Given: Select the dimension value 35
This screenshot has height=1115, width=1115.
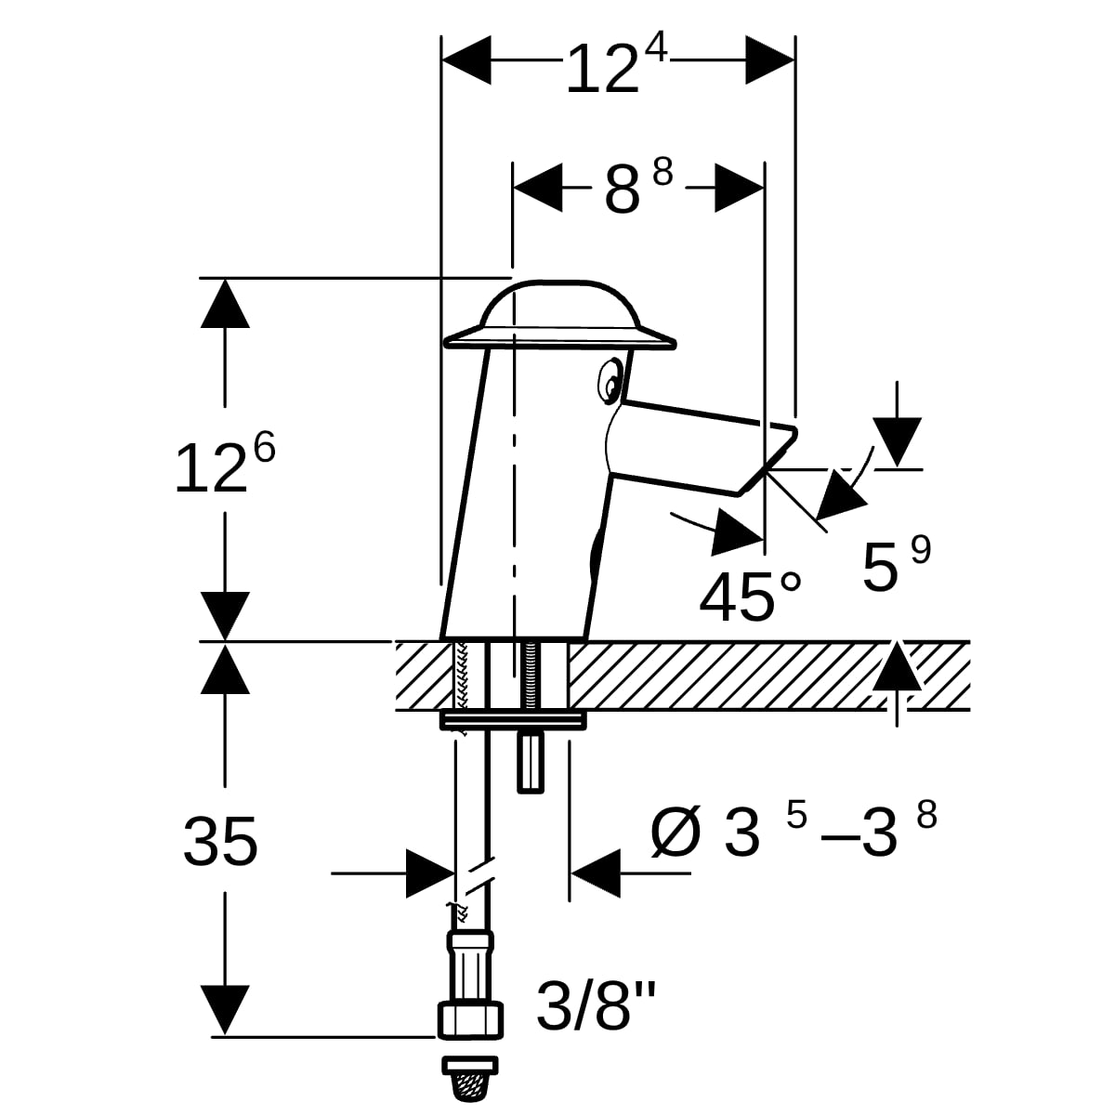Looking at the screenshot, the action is click(220, 842).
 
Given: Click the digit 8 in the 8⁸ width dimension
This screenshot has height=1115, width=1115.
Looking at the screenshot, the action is click(623, 188).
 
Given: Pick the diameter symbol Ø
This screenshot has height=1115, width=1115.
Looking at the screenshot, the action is click(676, 832).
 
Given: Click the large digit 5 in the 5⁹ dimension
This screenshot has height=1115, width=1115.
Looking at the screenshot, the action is click(881, 568).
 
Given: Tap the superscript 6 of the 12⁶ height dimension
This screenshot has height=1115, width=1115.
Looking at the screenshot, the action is click(264, 448).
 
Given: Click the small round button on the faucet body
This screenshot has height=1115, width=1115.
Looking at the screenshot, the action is click(610, 381).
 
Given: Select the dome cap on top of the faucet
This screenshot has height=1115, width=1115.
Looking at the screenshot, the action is click(558, 315).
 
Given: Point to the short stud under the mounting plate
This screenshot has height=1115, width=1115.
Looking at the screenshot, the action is click(531, 762).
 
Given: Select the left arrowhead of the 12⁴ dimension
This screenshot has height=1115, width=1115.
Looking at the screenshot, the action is click(466, 59).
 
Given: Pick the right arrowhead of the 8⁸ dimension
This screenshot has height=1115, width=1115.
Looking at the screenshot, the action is click(740, 188).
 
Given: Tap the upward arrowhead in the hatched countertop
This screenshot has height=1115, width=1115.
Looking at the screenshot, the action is click(897, 666).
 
